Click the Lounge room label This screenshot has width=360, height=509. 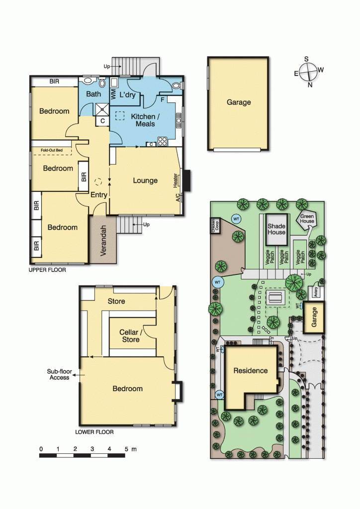click(x=145, y=181)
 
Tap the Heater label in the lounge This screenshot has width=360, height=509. click(x=176, y=180)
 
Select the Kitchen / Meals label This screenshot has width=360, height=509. click(x=145, y=120)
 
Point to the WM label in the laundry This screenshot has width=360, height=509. click(x=113, y=94)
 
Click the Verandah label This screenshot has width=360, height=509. click(x=103, y=241)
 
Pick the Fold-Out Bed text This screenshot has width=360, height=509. click(x=52, y=150)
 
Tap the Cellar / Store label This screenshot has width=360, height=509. click(x=131, y=336)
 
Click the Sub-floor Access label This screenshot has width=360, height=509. click(x=59, y=375)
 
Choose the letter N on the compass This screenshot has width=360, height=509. click(x=310, y=85)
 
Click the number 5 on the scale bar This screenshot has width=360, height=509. click(x=126, y=449)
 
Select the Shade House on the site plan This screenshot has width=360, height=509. click(x=276, y=230)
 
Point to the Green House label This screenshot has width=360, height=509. click(x=307, y=219)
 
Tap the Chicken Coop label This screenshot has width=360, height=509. click(x=215, y=226)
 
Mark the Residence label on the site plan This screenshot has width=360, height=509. click(x=251, y=371)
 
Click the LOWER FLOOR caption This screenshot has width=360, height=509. click(x=94, y=432)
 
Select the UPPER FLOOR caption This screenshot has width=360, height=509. click(x=47, y=270)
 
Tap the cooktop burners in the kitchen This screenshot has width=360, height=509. click(x=162, y=142)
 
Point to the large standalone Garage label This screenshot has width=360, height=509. click(x=239, y=102)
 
